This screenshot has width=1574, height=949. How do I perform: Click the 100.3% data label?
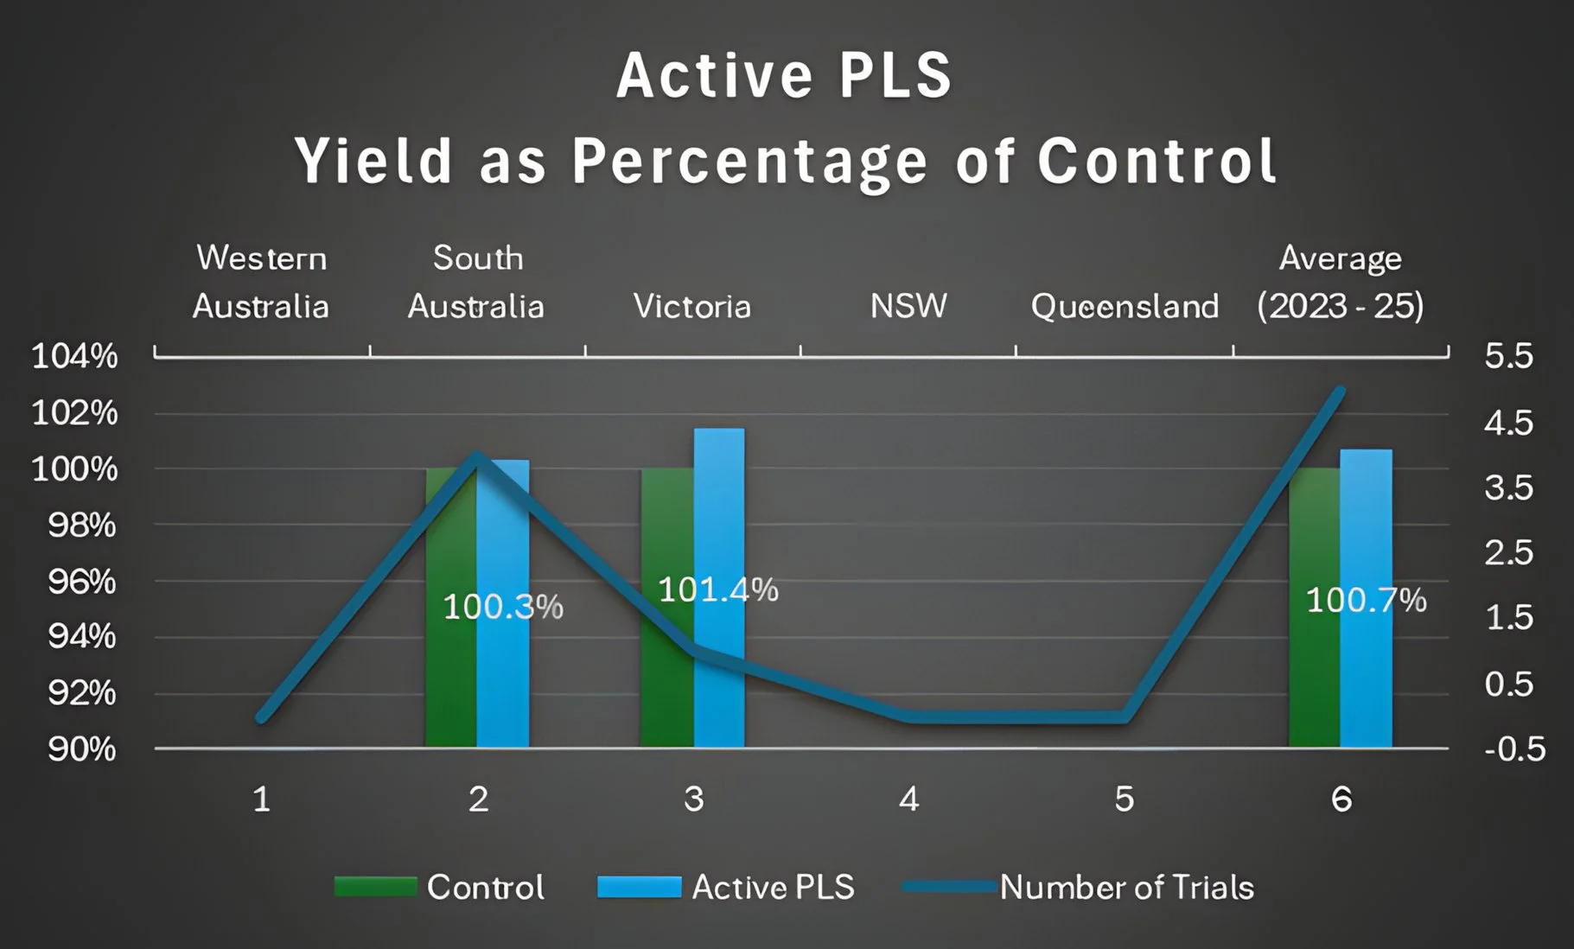tap(503, 607)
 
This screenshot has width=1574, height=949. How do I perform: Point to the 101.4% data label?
tap(718, 590)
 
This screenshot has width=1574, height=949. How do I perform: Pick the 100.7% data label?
tap(1366, 600)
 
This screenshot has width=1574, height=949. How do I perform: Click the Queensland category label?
tap(1125, 307)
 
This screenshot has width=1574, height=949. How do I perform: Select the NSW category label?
tap(908, 306)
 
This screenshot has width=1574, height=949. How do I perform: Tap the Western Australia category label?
tap(261, 282)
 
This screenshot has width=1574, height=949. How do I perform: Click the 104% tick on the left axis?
tap(74, 356)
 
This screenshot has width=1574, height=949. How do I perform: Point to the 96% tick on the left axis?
tap(81, 582)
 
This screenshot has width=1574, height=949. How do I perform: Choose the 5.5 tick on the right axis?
tap(1508, 356)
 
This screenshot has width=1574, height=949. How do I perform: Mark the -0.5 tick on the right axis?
tap(1514, 748)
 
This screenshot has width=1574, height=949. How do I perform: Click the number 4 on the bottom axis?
tap(908, 799)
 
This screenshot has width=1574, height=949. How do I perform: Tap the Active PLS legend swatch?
tap(639, 888)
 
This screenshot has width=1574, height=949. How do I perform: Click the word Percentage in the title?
tap(749, 162)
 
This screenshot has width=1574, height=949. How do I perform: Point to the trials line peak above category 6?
tap(1340, 392)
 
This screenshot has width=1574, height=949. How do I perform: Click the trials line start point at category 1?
tap(262, 717)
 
